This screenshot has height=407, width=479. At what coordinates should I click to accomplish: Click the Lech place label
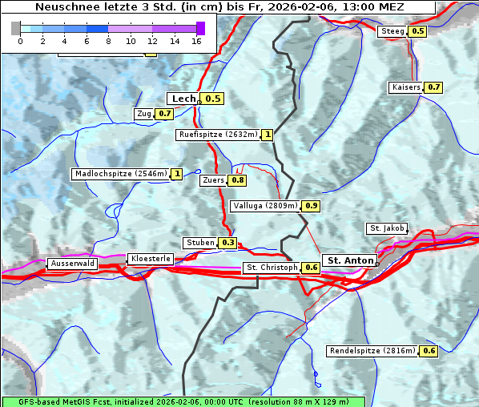click(183, 99)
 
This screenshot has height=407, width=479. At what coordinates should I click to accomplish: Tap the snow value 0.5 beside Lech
click(212, 99)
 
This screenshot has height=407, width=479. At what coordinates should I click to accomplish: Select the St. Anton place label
click(351, 260)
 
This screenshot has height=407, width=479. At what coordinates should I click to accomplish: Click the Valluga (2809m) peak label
click(265, 206)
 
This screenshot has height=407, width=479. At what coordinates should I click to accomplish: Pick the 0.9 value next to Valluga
click(312, 206)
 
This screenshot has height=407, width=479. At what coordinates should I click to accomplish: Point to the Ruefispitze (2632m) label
click(218, 135)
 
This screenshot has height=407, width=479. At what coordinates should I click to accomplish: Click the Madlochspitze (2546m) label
click(120, 174)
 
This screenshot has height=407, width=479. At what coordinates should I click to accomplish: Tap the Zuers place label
click(213, 180)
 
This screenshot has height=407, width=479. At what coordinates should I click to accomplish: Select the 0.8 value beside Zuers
click(238, 180)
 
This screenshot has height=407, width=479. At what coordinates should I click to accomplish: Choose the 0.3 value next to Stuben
click(228, 243)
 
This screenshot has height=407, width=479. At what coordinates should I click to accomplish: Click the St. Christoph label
click(271, 267)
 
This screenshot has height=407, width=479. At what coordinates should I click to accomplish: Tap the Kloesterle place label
click(150, 259)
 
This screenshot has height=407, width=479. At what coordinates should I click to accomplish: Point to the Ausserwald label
click(72, 263)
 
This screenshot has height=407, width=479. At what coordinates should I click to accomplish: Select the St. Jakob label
click(387, 228)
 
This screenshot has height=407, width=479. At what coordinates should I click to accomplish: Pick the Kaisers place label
click(405, 87)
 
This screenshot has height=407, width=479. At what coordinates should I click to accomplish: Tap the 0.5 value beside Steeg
click(417, 31)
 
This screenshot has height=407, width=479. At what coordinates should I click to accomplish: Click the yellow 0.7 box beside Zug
click(164, 114)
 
